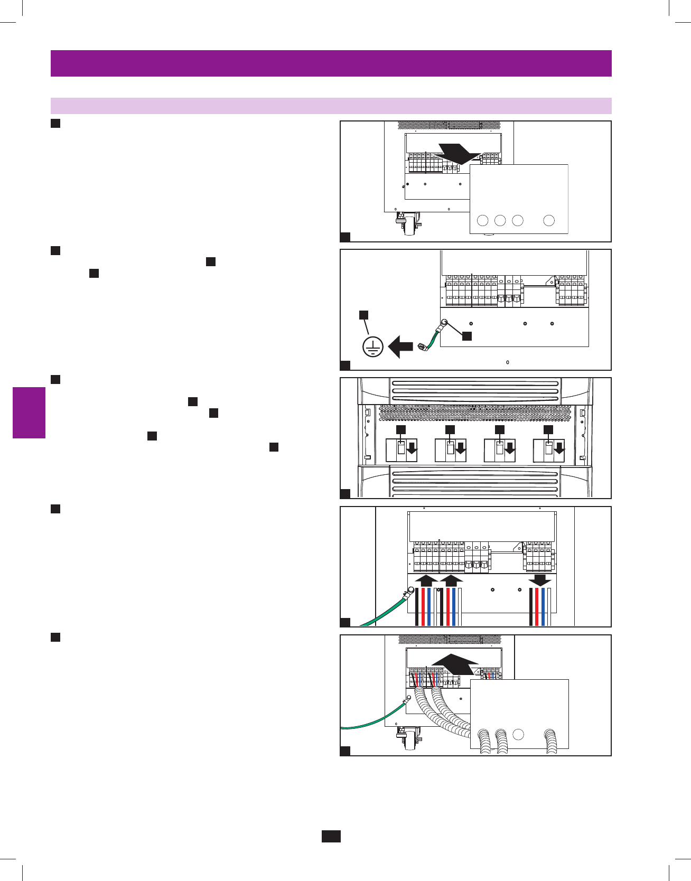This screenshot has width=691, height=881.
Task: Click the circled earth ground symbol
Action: tap(373, 347)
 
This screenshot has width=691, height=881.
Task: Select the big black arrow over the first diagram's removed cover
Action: tap(459, 153)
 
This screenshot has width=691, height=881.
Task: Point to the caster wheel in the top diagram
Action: tap(409, 227)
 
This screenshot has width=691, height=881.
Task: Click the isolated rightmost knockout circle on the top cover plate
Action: tap(549, 220)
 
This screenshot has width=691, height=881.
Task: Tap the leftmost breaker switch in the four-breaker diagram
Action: tap(401, 449)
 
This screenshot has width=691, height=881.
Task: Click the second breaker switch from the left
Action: tap(450, 449)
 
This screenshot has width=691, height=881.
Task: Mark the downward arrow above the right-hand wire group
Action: tap(540, 580)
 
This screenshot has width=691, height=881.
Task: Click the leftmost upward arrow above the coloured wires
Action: tap(426, 581)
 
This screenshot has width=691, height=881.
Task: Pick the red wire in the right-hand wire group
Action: tap(537, 606)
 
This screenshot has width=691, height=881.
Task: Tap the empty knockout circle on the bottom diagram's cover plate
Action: tap(518, 734)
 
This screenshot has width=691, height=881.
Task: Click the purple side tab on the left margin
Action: tap(29, 413)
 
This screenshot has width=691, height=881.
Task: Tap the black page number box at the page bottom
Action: tap(331, 836)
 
